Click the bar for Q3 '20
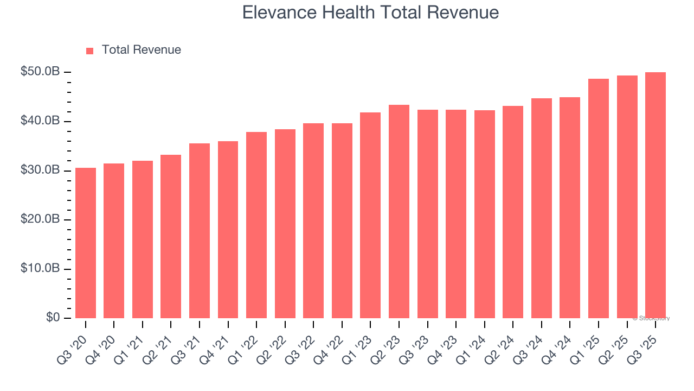pos(86,243)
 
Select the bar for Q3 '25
pos(655,195)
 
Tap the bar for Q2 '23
pos(399,211)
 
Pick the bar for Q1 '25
pos(598,198)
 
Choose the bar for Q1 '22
pos(256,225)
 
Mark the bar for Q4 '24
pos(570,207)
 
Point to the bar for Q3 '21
pos(200,231)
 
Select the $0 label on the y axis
pos(53,318)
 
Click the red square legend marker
pos(90,51)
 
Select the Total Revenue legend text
pos(141,50)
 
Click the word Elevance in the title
pos(273,12)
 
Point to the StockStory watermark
pos(651,318)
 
